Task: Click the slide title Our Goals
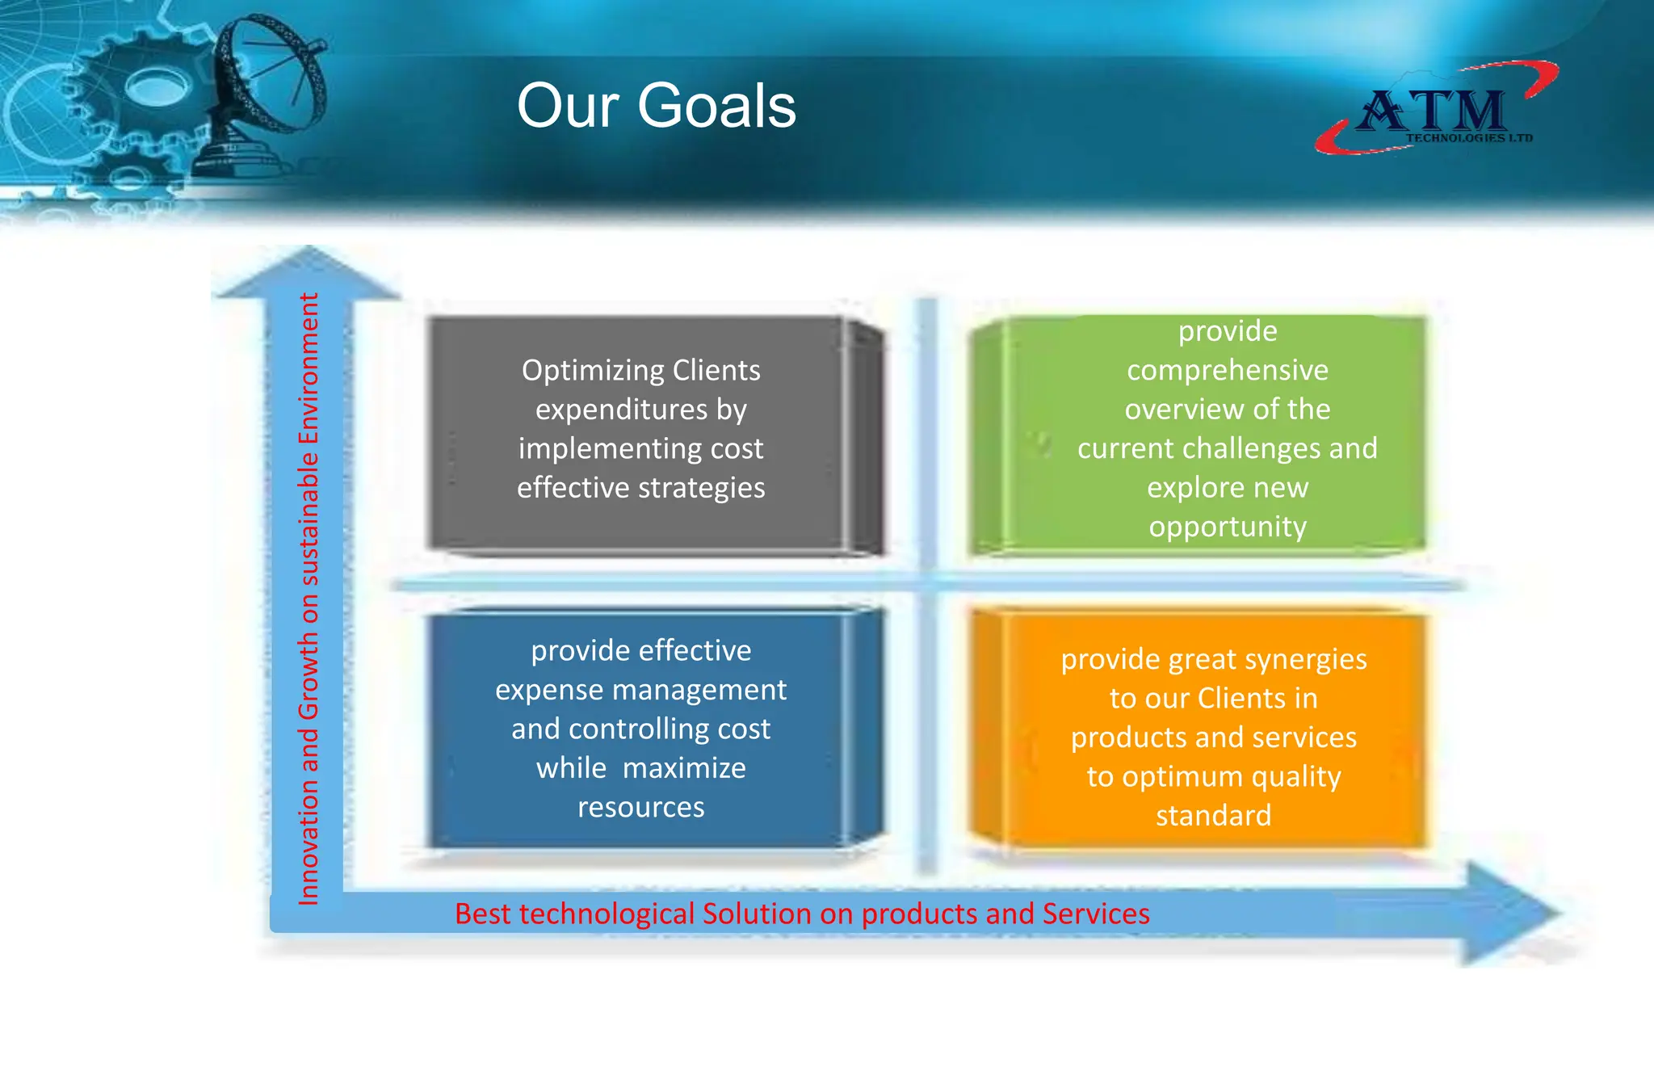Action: click(656, 107)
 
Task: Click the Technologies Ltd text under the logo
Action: click(1469, 138)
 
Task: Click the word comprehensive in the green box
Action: click(1227, 370)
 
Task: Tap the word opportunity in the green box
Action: click(1227, 527)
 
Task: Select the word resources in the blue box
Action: click(640, 807)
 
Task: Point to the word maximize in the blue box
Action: click(684, 768)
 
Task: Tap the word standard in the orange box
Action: click(1213, 816)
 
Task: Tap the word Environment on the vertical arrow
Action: click(309, 368)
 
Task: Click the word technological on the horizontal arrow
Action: click(607, 914)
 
